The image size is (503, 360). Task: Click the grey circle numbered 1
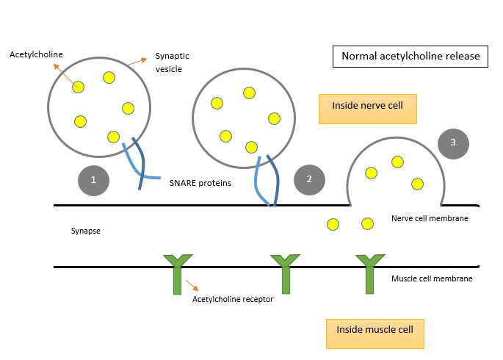point(94,178)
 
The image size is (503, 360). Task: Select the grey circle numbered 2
point(309,179)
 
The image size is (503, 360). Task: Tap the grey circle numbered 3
point(453,143)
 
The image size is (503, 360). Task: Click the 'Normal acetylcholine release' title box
point(410,57)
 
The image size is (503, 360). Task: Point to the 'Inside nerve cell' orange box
point(368,107)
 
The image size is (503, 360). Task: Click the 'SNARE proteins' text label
point(200,182)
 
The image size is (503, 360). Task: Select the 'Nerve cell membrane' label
point(430,218)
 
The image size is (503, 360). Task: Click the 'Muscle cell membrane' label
point(431,278)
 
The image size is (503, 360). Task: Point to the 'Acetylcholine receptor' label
point(232,299)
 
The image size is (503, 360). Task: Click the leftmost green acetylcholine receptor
point(177,273)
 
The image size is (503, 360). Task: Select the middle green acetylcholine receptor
point(285,273)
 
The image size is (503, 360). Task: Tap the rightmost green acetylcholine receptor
point(370,273)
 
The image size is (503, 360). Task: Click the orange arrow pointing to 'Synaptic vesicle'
point(134,62)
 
